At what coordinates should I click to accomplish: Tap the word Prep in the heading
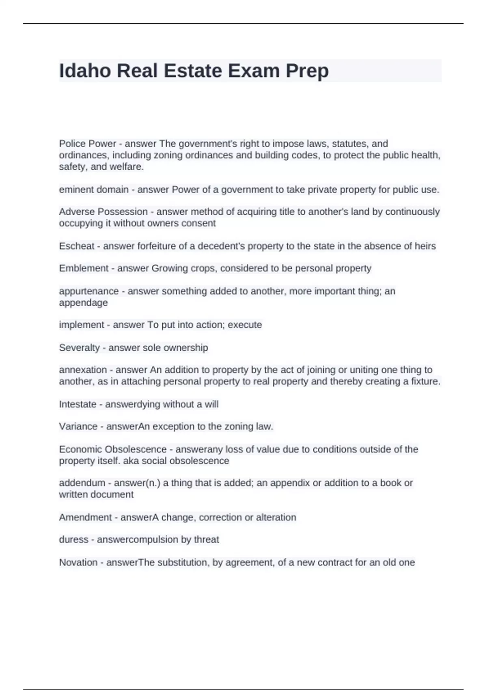[x=307, y=71]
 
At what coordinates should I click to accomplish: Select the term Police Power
[x=87, y=144]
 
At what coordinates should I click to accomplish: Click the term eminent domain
[x=94, y=190]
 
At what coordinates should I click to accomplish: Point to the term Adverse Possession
[x=103, y=212]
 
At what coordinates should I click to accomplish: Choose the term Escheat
[x=77, y=246]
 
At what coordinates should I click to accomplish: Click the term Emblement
[x=84, y=268]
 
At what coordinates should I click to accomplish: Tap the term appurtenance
[x=89, y=291]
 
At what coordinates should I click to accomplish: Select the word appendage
[x=83, y=303]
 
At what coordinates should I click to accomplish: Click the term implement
[x=82, y=325]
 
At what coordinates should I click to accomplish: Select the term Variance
[x=78, y=427]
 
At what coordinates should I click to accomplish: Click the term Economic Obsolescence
[x=113, y=449]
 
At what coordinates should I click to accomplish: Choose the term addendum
[x=82, y=483]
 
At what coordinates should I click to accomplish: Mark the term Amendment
[x=84, y=517]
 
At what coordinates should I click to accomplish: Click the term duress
[x=73, y=539]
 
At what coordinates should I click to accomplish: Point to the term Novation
[x=78, y=563]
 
